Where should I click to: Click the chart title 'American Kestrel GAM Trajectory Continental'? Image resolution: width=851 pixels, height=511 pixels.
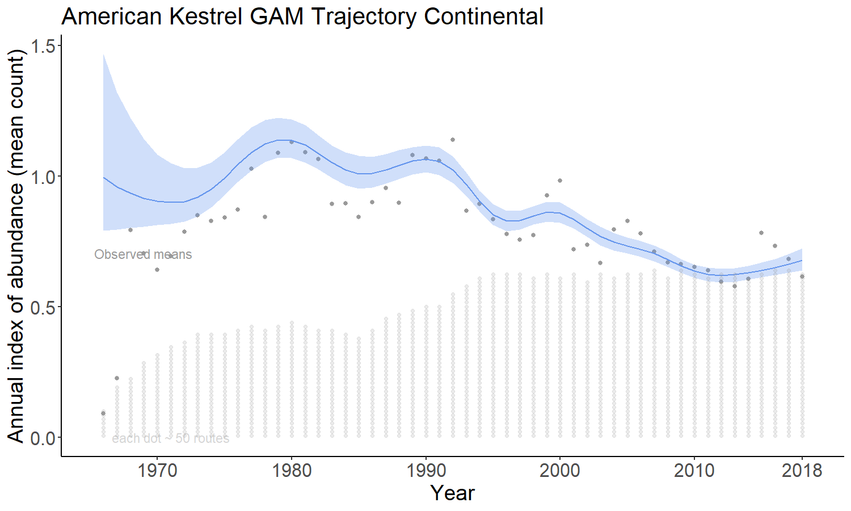302,16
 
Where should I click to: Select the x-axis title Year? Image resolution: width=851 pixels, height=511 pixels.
452,493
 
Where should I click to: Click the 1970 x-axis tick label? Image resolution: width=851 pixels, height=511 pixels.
157,470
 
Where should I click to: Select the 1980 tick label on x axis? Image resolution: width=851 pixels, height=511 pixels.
292,470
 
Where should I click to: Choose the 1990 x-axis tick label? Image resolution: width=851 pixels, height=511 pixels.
425,470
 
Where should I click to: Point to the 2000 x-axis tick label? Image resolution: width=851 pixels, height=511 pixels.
560,470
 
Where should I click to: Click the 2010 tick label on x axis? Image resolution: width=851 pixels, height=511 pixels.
694,470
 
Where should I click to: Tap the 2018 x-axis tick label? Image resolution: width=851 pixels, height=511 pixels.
802,470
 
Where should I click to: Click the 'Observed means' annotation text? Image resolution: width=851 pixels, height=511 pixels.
143,254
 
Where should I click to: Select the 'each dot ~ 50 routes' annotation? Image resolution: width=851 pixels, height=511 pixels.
171,438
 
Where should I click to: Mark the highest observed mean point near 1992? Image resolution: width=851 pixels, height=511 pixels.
453,140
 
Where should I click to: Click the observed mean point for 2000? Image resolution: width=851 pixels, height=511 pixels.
560,181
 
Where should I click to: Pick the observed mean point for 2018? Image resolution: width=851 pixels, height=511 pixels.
802,277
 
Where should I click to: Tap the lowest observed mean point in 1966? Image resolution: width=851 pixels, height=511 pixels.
103,413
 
